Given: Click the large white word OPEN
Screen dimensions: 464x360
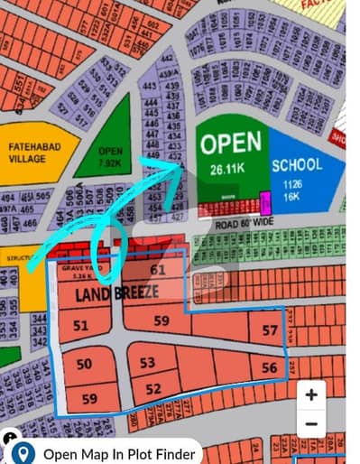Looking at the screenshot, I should [x=231, y=144].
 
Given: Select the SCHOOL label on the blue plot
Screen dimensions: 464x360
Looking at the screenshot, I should [x=296, y=166].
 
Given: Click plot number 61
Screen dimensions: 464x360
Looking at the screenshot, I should [x=158, y=270].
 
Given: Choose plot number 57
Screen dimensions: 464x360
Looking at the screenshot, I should [x=271, y=331].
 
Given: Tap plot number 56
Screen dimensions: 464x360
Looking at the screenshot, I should [x=270, y=368].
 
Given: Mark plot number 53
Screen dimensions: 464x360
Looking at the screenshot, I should [x=148, y=363].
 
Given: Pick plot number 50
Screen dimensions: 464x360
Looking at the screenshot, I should [x=84, y=364].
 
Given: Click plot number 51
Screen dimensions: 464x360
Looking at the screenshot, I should [x=81, y=326].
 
